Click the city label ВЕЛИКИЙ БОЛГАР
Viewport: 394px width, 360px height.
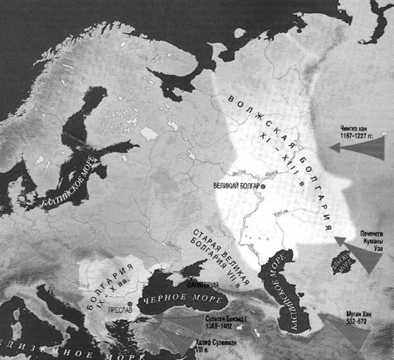[x=236, y=186]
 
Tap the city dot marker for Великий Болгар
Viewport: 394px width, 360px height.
[x=263, y=187]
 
